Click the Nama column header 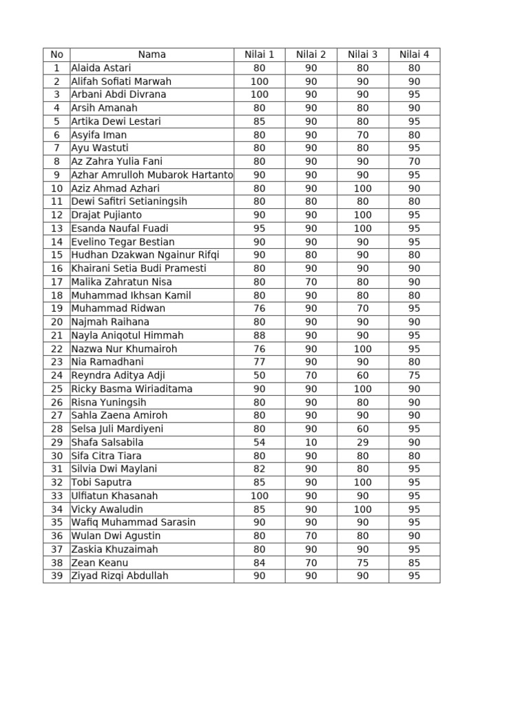(x=152, y=54)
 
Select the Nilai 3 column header (x=362, y=54)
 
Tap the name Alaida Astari (x=101, y=68)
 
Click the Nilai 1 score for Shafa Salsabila (x=259, y=442)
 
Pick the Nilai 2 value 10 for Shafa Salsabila (x=311, y=442)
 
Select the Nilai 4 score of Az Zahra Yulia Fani (x=414, y=161)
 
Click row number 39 (x=56, y=576)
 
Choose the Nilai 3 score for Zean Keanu (x=362, y=563)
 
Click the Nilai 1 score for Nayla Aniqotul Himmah (x=259, y=335)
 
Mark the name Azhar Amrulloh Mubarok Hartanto (x=152, y=175)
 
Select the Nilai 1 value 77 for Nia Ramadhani (x=259, y=362)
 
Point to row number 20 (x=56, y=322)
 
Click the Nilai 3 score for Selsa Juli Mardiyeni (x=362, y=429)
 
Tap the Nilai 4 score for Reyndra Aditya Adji (x=414, y=375)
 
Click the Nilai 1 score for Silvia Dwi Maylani (x=259, y=469)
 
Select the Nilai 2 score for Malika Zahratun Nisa (x=311, y=282)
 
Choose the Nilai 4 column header (x=414, y=54)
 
